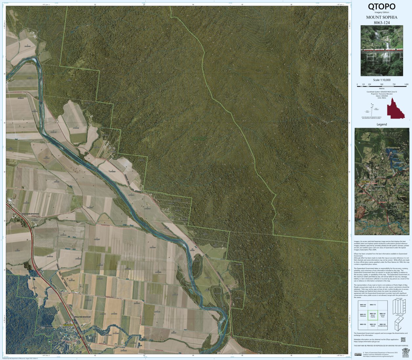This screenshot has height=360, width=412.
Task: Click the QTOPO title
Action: [381, 7]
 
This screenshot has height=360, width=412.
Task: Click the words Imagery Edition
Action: [381, 12]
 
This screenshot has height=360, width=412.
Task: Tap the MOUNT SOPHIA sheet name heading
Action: [381, 17]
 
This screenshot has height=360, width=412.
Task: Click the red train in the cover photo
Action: [381, 51]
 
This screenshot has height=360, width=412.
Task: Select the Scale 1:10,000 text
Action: [381, 80]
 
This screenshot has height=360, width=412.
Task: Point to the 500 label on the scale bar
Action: [382, 84]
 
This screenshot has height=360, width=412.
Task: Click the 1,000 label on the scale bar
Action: [406, 84]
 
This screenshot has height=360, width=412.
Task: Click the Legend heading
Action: [381, 124]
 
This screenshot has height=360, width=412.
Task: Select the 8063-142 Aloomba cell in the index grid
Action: [363, 306]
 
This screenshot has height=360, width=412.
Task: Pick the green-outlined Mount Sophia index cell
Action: [373, 315]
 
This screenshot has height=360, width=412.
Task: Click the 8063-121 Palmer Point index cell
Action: [382, 315]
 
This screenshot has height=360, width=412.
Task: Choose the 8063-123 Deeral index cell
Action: [373, 325]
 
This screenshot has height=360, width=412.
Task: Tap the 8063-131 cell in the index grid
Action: [363, 315]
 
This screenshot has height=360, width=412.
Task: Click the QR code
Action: [403, 340]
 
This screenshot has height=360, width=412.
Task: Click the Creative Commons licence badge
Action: [358, 354]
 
